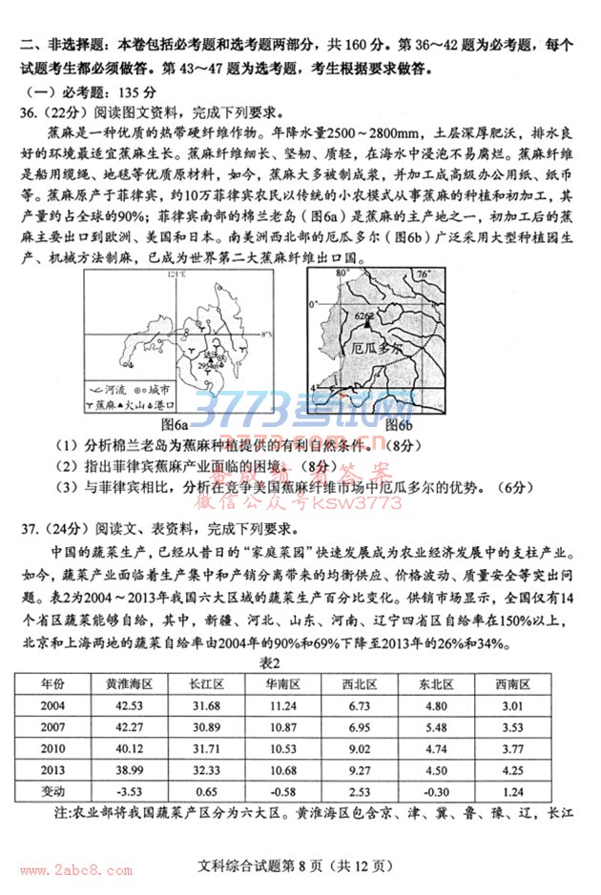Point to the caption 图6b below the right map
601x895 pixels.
coord(396,422)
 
